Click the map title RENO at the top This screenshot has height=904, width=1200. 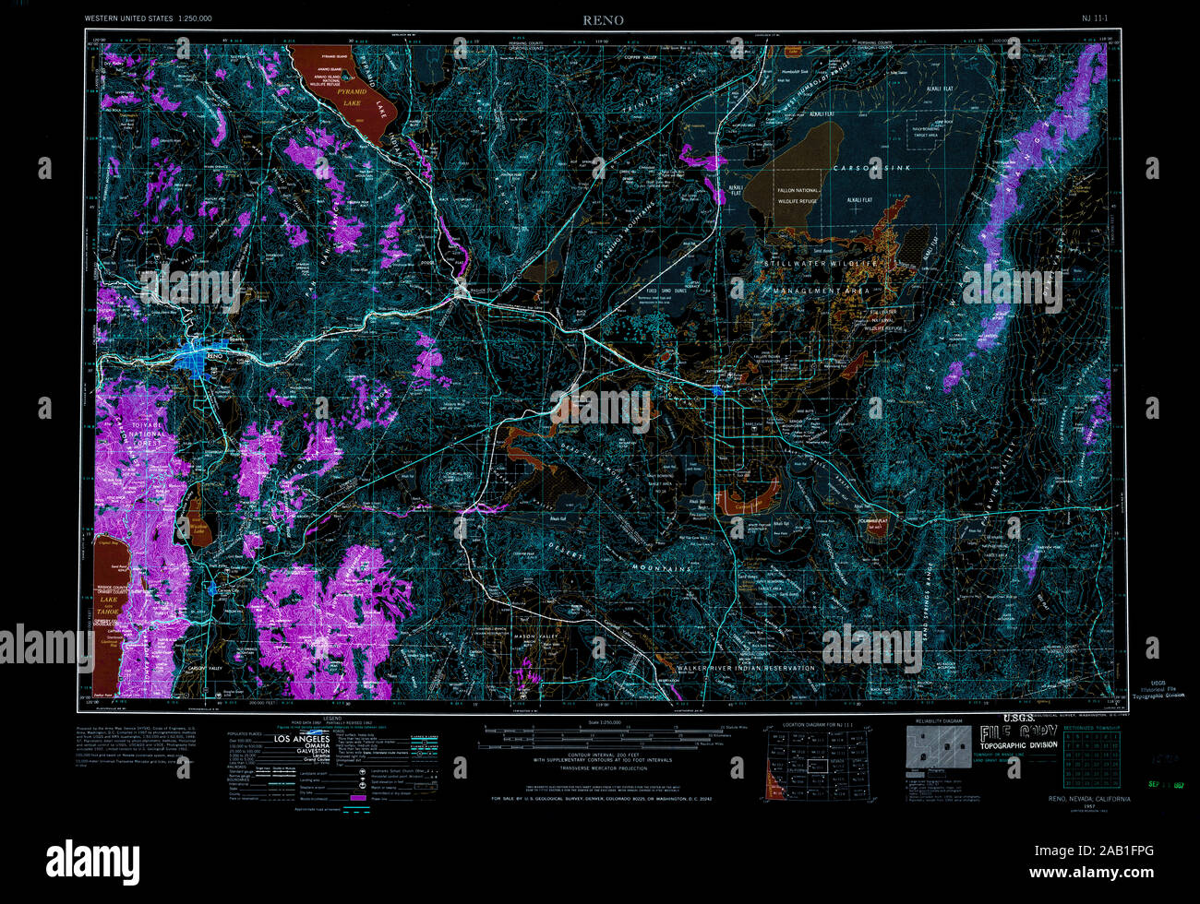tap(602, 19)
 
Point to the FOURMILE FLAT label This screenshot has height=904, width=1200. tap(870, 521)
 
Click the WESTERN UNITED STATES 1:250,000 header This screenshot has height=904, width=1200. tap(148, 18)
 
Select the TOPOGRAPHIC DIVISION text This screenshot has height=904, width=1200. tap(1018, 744)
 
